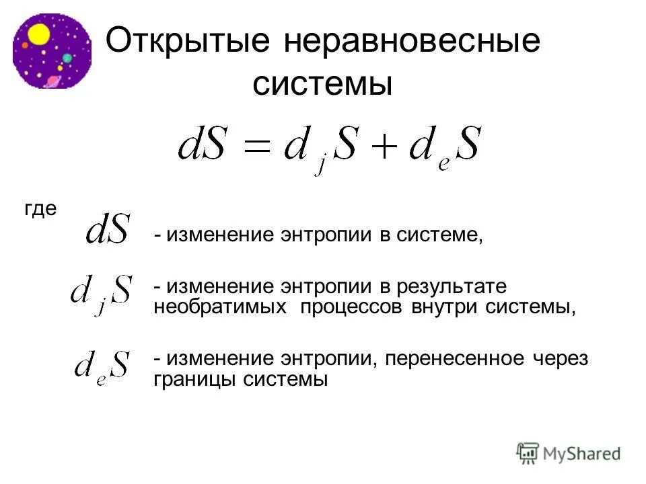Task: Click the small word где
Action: pyautogui.click(x=40, y=209)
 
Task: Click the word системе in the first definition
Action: pyautogui.click(x=445, y=236)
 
